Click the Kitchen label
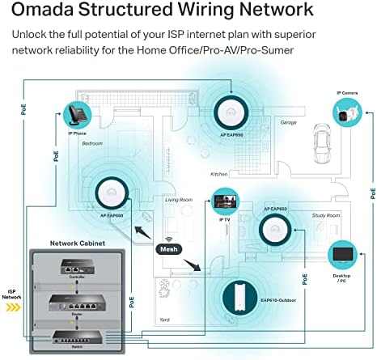219,174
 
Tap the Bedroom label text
92,143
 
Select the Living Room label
179,198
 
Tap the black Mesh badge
171,250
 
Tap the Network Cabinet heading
76,243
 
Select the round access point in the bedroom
108,192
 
